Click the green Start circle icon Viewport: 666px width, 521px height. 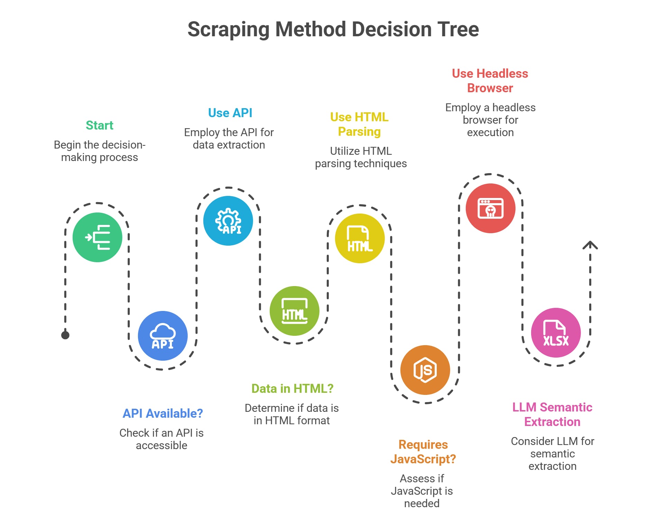(x=97, y=237)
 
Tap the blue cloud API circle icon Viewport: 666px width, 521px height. (x=163, y=336)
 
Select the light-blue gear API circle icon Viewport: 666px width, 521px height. (x=228, y=221)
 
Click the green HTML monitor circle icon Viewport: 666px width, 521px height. (x=294, y=311)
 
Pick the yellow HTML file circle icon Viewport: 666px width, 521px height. (x=360, y=238)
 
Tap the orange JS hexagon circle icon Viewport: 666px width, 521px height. (x=425, y=370)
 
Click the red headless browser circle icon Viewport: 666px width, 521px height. (x=490, y=208)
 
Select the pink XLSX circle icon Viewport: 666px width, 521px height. (x=556, y=333)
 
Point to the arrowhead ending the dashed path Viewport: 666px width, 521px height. (x=590, y=245)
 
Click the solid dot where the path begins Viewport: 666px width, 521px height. (x=65, y=335)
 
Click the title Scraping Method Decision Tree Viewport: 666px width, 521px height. (x=333, y=29)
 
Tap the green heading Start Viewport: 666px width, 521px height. (x=100, y=125)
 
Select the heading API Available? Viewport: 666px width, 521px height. (x=163, y=413)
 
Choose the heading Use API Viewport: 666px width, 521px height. (x=230, y=113)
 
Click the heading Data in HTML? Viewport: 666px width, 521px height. (x=292, y=388)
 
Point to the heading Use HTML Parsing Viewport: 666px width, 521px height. (x=359, y=124)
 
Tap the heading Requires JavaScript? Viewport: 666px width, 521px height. (x=423, y=452)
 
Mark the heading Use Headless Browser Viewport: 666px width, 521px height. (x=490, y=81)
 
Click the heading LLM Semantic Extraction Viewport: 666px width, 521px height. (x=552, y=414)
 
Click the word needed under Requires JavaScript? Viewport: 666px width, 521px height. (x=422, y=503)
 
